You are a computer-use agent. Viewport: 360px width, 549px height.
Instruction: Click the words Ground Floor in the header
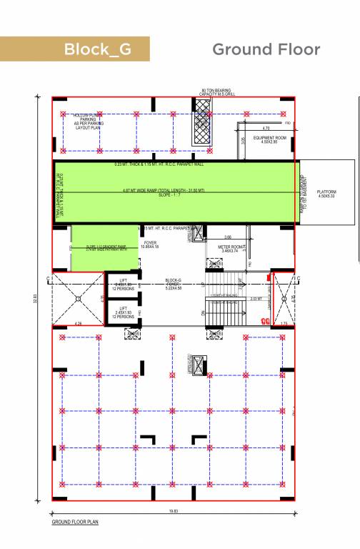(266, 49)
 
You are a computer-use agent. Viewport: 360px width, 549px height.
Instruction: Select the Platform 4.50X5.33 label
(326, 194)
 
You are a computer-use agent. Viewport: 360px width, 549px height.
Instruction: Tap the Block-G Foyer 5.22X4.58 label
(174, 285)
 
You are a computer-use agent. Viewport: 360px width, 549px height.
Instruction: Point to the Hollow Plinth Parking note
(89, 120)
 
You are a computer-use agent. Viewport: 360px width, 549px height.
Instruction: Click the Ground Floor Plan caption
(75, 523)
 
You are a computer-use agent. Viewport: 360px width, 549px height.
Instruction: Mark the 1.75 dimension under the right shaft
(284, 323)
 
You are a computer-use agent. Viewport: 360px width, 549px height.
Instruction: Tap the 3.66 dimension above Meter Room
(228, 237)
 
